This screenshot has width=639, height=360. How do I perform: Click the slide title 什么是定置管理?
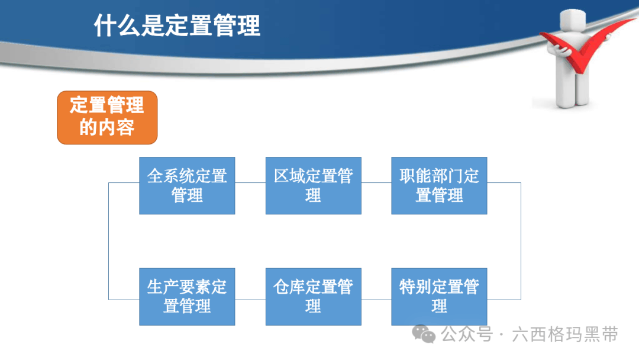[x=177, y=25]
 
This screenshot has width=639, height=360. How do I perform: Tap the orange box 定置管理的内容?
[x=107, y=117]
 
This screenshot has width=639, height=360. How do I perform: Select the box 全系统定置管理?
[x=187, y=185]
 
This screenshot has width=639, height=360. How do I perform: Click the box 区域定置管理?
[x=314, y=185]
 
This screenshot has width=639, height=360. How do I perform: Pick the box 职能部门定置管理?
[x=439, y=185]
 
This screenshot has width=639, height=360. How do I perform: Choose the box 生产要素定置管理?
[x=187, y=297]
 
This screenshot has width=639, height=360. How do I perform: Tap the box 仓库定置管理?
[x=314, y=297]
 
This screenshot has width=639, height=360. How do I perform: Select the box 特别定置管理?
[x=439, y=297]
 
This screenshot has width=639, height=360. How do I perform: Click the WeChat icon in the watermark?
[x=424, y=335]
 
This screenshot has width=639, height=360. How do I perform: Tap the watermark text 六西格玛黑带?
[x=565, y=335]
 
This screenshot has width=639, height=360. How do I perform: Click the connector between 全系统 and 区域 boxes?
[x=250, y=182]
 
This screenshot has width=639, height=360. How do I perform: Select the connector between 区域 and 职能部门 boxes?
[x=376, y=182]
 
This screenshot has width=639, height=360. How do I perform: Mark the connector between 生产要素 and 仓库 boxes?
[x=250, y=300]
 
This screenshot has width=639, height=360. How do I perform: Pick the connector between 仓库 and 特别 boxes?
[x=376, y=300]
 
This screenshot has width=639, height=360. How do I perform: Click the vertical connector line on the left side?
[x=109, y=241]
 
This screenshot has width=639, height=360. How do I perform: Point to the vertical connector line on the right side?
[x=521, y=241]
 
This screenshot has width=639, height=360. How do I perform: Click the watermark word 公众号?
[x=467, y=335]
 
